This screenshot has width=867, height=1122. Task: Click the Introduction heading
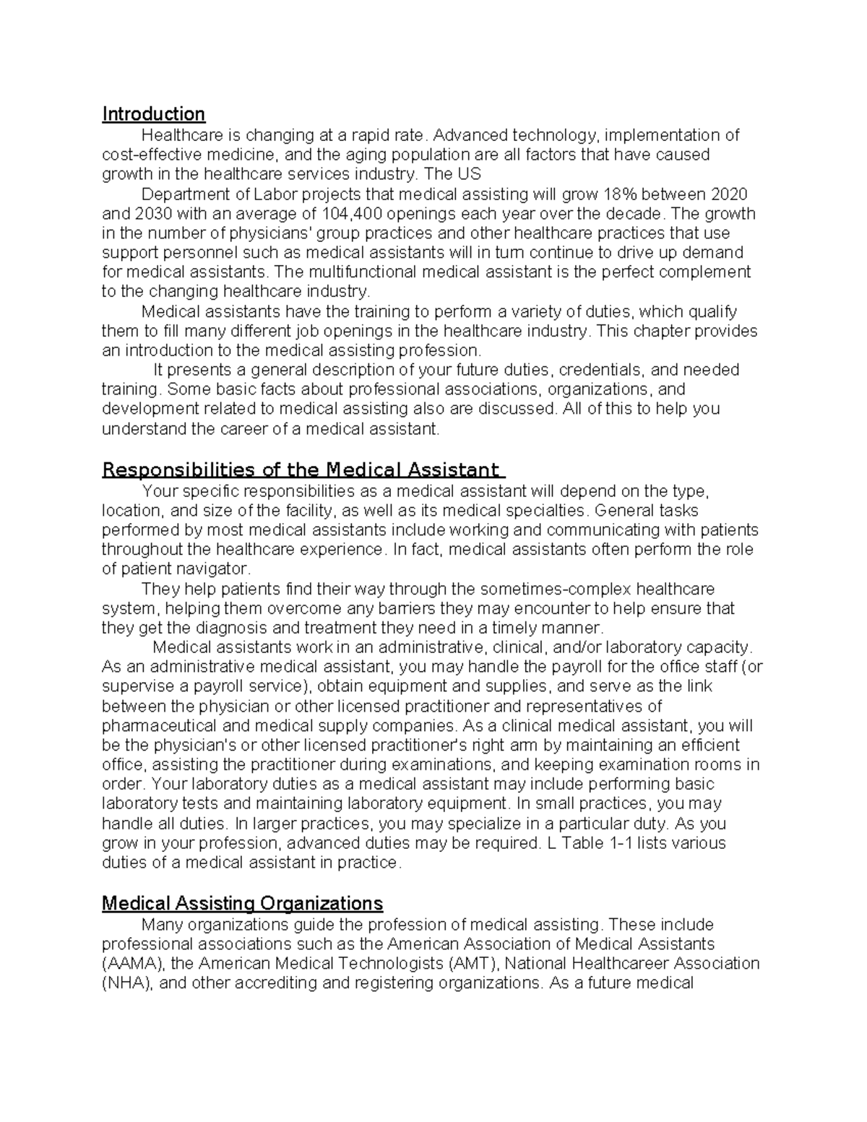tap(153, 114)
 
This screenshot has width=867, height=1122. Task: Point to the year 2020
tap(729, 194)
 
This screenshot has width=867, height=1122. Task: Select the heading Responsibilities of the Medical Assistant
tap(303, 470)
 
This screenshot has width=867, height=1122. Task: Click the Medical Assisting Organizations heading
tap(242, 903)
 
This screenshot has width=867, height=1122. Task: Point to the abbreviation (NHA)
tap(127, 983)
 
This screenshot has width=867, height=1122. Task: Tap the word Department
tap(186, 194)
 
